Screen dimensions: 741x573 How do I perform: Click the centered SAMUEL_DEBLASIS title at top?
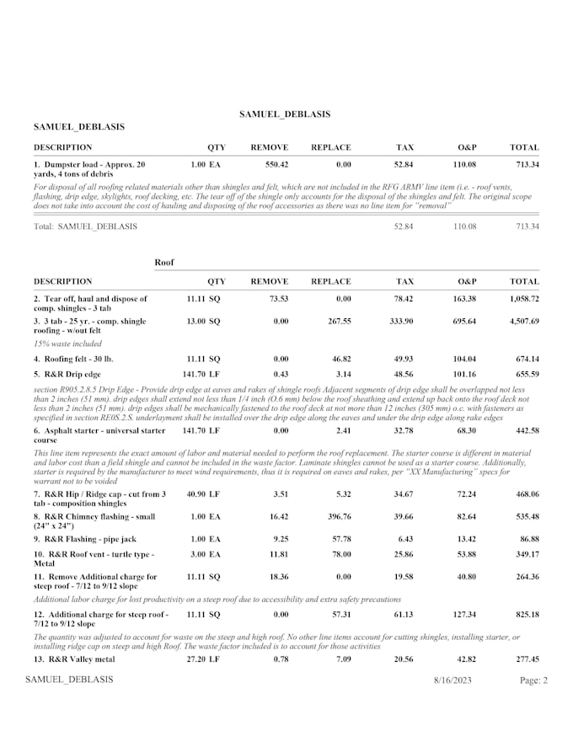285,114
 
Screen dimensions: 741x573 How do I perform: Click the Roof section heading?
164,263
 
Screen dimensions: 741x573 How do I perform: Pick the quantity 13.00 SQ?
203,322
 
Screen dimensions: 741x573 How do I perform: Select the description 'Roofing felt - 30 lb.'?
81,359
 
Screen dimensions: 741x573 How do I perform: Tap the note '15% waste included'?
67,344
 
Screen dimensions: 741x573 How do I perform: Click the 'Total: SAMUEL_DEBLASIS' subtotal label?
85,227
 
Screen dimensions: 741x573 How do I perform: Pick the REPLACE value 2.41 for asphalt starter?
340,430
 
